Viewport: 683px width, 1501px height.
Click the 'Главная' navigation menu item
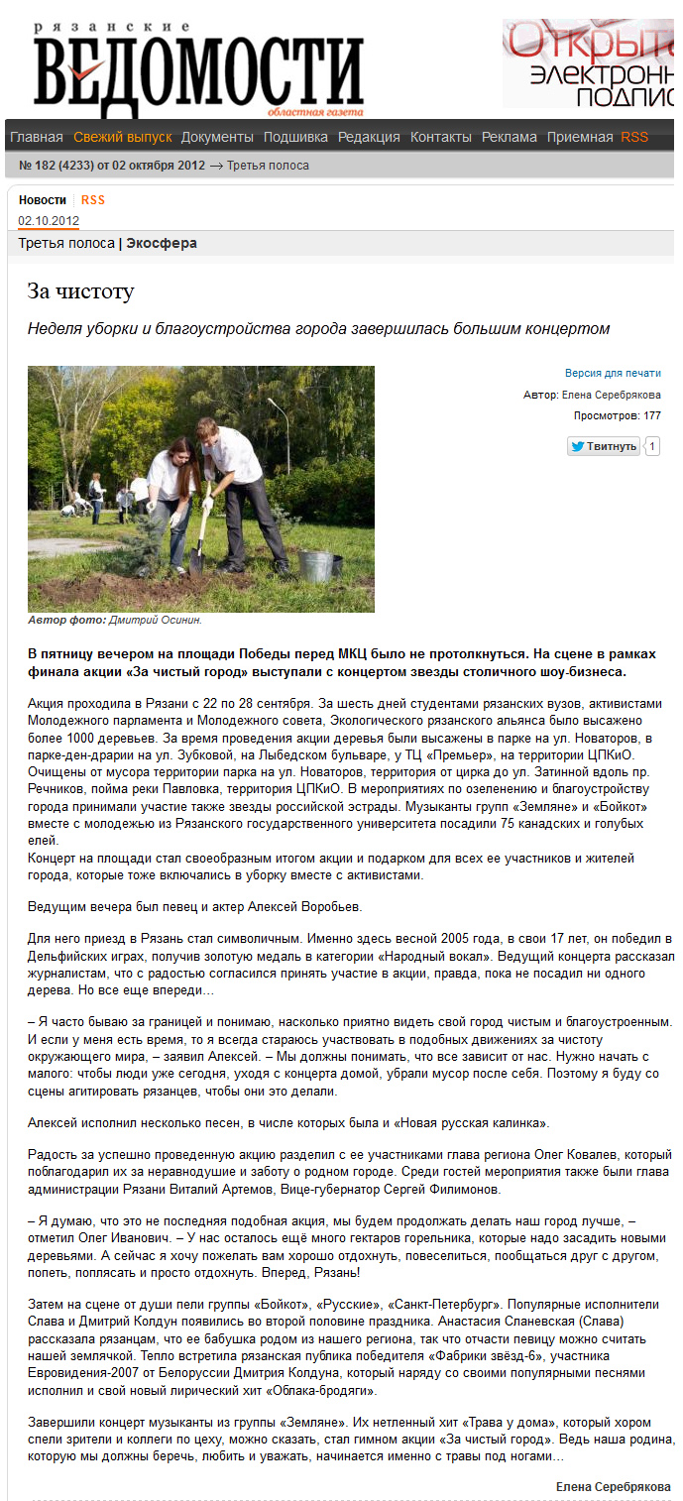click(37, 137)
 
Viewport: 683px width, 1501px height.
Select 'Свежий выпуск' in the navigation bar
click(123, 137)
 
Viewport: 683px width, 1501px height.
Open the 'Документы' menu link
click(217, 137)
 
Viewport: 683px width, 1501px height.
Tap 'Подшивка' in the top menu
click(295, 137)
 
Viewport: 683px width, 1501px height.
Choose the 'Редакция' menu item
click(369, 137)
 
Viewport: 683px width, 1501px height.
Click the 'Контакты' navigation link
click(441, 137)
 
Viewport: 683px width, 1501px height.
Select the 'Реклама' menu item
click(510, 137)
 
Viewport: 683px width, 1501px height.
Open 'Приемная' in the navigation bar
click(580, 137)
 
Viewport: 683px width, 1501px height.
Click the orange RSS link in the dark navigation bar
click(634, 137)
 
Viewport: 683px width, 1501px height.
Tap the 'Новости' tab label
click(43, 199)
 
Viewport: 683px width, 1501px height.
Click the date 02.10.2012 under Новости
click(49, 220)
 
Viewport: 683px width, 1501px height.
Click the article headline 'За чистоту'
click(79, 291)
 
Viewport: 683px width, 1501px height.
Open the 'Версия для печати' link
click(613, 373)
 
